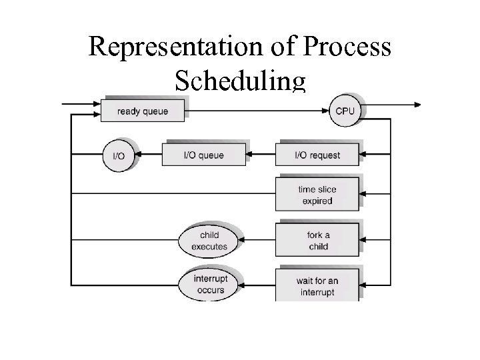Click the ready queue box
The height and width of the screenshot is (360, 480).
click(x=142, y=111)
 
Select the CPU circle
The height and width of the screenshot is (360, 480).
click(x=345, y=111)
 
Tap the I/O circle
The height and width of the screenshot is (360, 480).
click(x=117, y=155)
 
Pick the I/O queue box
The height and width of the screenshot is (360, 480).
click(x=203, y=155)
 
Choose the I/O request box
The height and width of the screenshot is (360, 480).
click(x=317, y=155)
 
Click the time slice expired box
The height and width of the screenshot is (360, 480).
click(x=317, y=194)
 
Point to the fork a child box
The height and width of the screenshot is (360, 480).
click(x=317, y=241)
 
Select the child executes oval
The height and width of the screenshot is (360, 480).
click(x=209, y=241)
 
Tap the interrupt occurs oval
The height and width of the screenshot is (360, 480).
click(x=209, y=285)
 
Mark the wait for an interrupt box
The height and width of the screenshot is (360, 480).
click(x=317, y=286)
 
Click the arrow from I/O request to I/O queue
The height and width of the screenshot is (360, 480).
click(x=260, y=155)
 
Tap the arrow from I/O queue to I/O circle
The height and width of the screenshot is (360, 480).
click(x=149, y=155)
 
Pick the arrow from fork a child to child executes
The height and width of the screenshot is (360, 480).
click(x=257, y=241)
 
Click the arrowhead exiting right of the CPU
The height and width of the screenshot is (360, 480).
click(x=417, y=104)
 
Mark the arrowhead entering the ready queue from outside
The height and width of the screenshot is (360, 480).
click(x=96, y=104)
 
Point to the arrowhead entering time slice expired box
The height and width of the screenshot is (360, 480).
click(x=364, y=194)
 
